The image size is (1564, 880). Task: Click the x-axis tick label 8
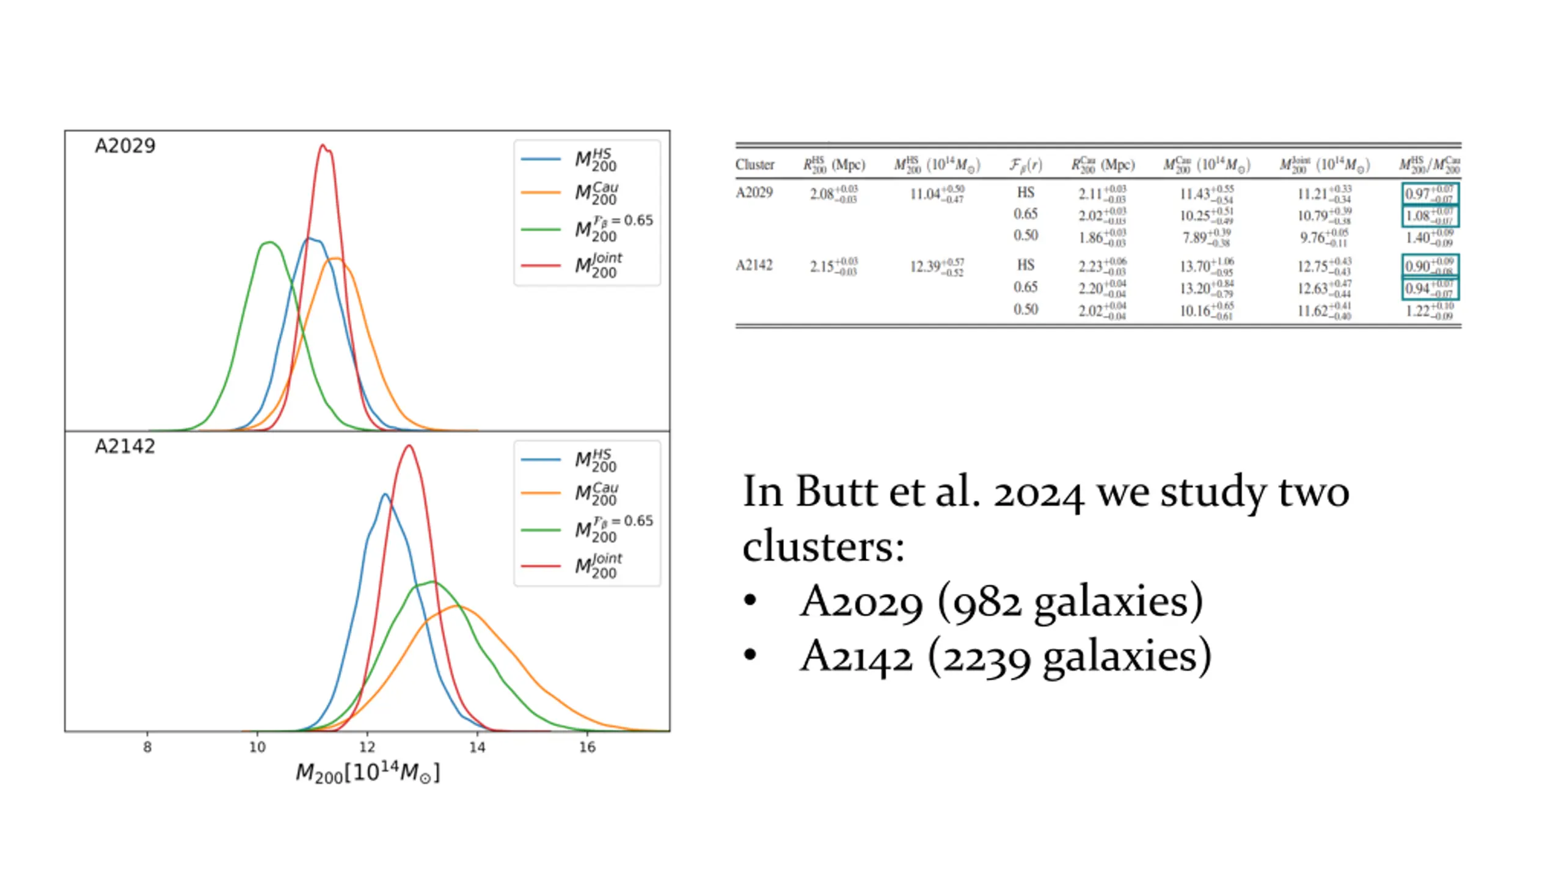[147, 747]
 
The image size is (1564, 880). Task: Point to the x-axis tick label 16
[587, 747]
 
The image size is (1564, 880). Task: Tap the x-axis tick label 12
[367, 747]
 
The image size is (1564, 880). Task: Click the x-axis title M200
[367, 773]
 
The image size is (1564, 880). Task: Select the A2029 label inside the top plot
[125, 146]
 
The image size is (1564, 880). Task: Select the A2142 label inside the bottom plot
[125, 447]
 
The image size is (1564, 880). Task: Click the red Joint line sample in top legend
[541, 266]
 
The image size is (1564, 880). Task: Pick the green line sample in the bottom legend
[541, 530]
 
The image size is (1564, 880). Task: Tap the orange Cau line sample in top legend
[541, 193]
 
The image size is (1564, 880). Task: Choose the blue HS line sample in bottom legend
[541, 460]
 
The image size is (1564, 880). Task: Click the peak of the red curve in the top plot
[323, 145]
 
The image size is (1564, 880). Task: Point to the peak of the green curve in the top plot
[269, 243]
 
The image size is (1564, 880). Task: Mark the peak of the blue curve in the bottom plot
[385, 494]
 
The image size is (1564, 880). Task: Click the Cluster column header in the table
[755, 165]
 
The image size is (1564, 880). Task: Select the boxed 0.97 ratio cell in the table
[1429, 194]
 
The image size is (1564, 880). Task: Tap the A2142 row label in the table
[754, 265]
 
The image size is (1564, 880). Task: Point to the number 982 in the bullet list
[986, 602]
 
